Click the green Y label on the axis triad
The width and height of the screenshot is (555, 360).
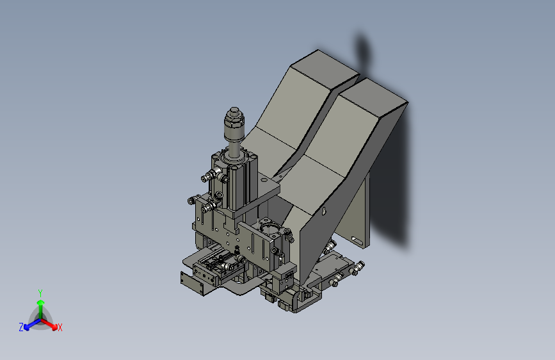click(40, 292)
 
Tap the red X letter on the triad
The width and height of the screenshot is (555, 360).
click(60, 327)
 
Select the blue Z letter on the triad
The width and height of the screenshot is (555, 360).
click(21, 327)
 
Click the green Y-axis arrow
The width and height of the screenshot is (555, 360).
click(40, 304)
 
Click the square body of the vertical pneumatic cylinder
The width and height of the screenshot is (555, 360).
click(234, 183)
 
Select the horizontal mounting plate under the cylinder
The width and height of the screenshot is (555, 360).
click(259, 195)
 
